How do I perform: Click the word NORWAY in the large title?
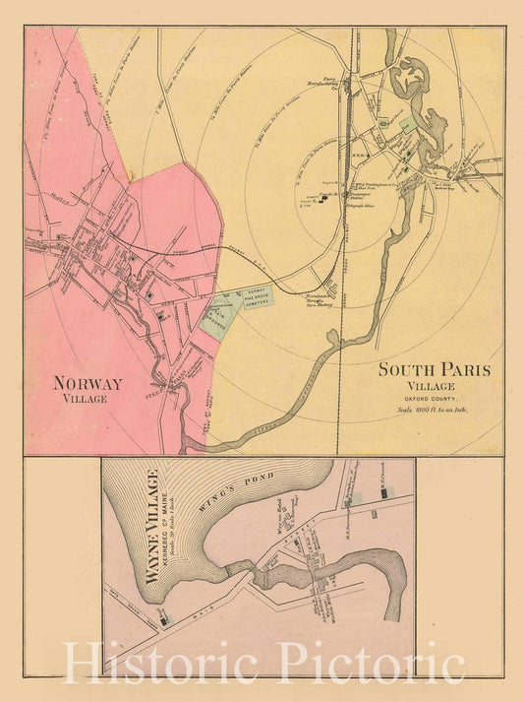(x=87, y=383)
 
